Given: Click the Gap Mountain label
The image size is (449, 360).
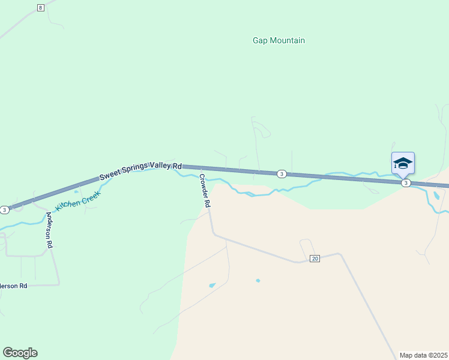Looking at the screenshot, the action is click(279, 41).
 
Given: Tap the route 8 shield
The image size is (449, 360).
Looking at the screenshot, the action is click(40, 7).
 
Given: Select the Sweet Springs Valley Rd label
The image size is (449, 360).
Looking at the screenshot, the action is click(140, 170).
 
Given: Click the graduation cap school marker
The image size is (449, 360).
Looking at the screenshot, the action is click(403, 163).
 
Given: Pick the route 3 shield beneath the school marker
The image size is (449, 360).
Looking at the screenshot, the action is click(406, 182).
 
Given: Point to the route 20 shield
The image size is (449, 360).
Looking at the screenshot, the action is click(315, 258).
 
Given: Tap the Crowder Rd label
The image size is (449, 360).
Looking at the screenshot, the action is click(205, 191).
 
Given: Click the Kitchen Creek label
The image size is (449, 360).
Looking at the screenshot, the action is click(79, 200).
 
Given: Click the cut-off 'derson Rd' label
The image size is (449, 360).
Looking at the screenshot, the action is click(14, 286).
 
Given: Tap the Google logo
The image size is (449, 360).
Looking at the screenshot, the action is click(20, 353).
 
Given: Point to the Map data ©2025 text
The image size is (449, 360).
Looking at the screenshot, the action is click(423, 355).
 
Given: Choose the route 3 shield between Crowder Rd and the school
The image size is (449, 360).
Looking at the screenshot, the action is click(281, 174).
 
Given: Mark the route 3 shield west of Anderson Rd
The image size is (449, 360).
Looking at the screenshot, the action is click(5, 209).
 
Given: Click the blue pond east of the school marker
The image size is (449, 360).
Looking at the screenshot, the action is click(436, 196).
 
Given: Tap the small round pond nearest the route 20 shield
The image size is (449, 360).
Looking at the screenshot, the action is click(258, 280).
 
